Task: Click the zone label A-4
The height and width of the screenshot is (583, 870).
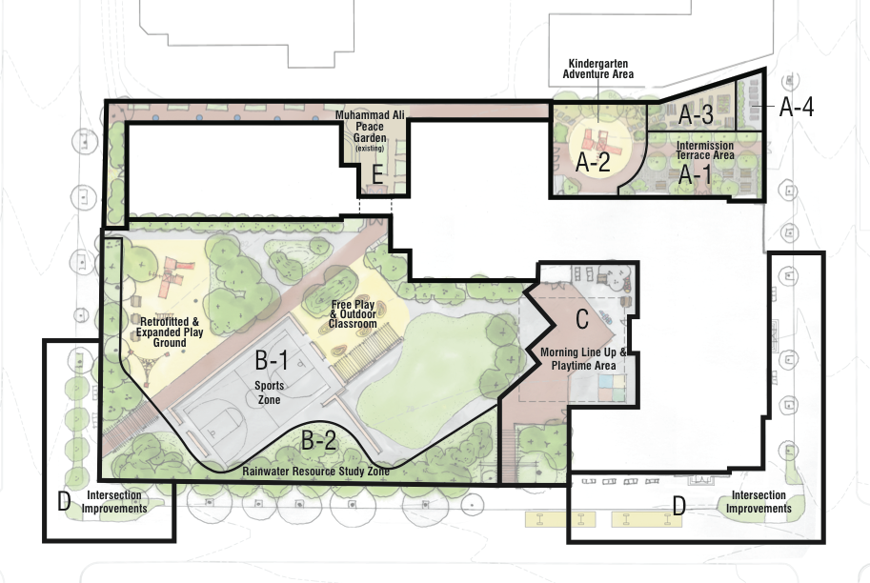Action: pos(797,107)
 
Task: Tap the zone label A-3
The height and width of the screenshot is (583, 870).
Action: pos(696,115)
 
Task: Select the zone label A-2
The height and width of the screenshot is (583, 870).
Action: pos(593,162)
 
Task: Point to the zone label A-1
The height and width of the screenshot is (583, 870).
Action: pos(696,174)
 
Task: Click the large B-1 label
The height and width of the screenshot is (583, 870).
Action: pos(272,360)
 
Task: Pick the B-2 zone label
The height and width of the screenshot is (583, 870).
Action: pos(319,440)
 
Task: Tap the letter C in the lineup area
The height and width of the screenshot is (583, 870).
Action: pos(582,319)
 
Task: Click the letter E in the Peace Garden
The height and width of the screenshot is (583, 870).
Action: pos(377,175)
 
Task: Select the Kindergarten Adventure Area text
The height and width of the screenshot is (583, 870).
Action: pos(598,69)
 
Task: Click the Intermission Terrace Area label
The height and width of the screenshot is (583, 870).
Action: pos(705,151)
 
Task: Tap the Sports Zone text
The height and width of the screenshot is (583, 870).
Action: pos(268,392)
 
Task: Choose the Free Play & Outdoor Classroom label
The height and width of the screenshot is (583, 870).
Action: pos(353,314)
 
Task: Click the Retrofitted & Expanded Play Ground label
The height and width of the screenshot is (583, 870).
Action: pos(170,332)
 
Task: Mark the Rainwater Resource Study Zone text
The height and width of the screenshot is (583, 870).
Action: pos(315,472)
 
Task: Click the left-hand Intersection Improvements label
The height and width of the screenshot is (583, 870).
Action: pos(114,502)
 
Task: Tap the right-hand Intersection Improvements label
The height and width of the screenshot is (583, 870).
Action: pos(759,502)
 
